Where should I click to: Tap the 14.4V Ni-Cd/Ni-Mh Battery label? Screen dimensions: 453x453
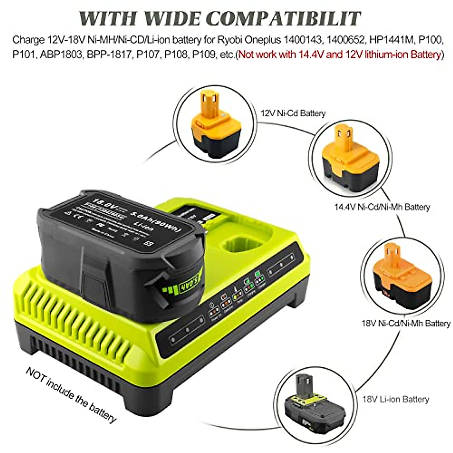tap(382, 207)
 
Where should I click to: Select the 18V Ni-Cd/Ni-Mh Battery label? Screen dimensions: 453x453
tap(406, 323)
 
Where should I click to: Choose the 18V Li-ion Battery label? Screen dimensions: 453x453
tap(396, 399)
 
